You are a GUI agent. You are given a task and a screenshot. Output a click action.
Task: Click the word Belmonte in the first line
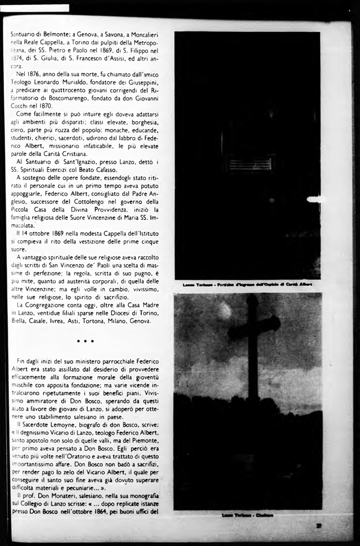click(48, 34)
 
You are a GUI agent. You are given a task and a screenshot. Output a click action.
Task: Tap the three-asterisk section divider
click(85, 341)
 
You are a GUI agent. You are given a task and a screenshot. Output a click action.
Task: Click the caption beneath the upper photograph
click(247, 284)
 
